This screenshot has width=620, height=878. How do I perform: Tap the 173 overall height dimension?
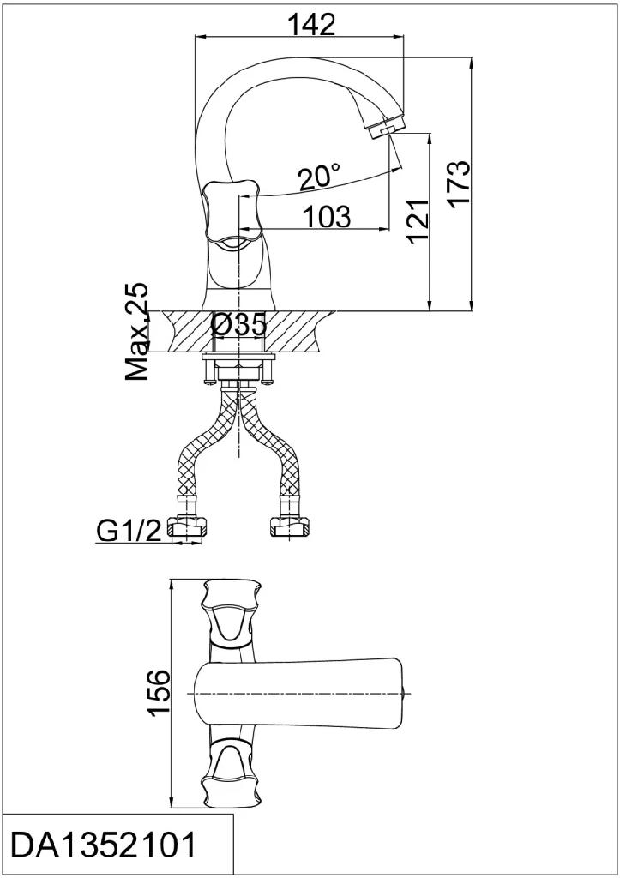(460, 184)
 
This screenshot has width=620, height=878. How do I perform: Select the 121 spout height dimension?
(418, 219)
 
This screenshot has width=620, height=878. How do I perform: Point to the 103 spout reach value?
(327, 216)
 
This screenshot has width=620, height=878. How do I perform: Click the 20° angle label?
(318, 177)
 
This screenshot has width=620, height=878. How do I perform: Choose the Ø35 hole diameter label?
(238, 324)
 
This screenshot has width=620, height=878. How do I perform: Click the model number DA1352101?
(104, 845)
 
